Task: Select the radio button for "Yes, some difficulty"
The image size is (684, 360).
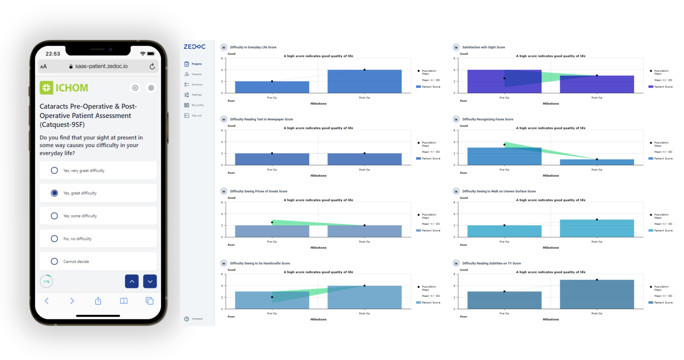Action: (54, 216)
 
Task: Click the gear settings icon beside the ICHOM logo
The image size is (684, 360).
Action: (151, 88)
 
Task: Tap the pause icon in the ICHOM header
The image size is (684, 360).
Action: (135, 88)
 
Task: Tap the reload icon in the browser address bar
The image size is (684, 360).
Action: (152, 66)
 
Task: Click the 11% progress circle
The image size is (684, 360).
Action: (47, 281)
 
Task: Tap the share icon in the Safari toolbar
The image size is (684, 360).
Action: (98, 301)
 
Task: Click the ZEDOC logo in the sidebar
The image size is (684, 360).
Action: (195, 47)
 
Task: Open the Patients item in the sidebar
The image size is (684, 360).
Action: (196, 74)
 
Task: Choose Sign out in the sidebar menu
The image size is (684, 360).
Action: (196, 115)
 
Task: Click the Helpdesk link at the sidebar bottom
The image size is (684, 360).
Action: (197, 319)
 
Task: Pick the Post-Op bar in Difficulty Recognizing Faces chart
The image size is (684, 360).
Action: (597, 162)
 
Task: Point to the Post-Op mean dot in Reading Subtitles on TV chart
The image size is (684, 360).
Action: (597, 280)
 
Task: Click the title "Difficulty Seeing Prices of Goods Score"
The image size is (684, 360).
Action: (259, 191)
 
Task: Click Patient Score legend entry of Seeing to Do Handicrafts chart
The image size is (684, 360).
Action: (431, 303)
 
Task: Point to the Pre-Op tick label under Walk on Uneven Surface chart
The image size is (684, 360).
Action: (504, 242)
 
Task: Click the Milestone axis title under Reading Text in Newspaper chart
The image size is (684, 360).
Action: (318, 176)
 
